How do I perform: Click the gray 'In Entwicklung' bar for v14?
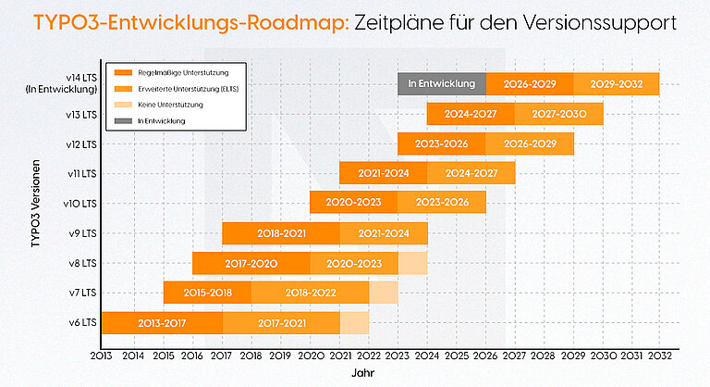[x=441, y=83]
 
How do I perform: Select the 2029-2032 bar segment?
[x=616, y=83]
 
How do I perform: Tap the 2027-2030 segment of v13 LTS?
[x=558, y=114]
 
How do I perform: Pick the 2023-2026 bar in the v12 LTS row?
[x=441, y=144]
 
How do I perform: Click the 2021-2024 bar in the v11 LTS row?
[x=383, y=173]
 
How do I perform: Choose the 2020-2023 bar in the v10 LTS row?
[x=353, y=203]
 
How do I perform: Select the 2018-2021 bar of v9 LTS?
[x=281, y=233]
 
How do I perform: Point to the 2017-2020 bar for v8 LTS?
[x=251, y=263]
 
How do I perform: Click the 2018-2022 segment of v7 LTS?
[x=310, y=293]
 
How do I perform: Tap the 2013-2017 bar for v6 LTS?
[x=162, y=322]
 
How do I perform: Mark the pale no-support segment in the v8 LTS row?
[x=412, y=263]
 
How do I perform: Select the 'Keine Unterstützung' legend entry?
[x=166, y=105]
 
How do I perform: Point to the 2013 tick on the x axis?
[x=102, y=355]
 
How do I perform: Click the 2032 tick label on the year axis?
[x=660, y=355]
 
